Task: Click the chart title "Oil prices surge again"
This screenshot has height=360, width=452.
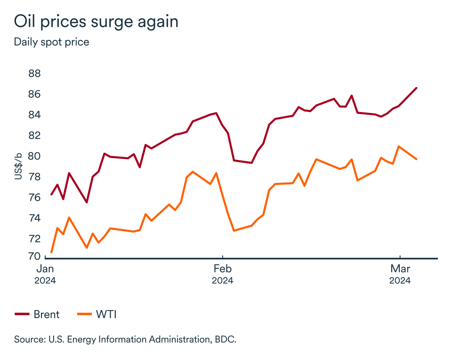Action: tap(96, 22)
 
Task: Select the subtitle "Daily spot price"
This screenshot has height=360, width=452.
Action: tap(51, 42)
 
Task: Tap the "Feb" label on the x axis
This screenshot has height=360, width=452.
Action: tap(222, 269)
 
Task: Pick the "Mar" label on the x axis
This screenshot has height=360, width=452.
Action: tap(400, 269)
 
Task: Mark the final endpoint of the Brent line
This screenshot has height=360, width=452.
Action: tap(417, 88)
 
